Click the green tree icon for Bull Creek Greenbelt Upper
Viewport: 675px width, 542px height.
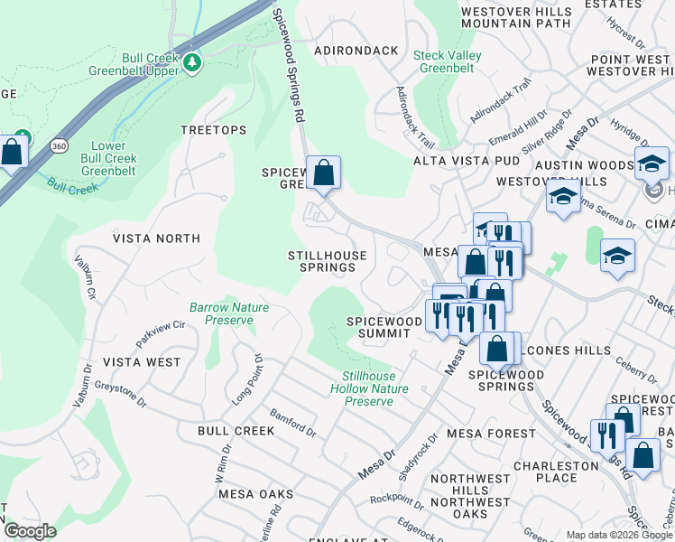tap(191, 63)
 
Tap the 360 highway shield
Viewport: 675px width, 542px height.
tap(58, 145)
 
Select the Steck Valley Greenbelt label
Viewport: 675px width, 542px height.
tap(447, 61)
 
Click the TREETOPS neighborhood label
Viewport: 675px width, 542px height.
tap(213, 130)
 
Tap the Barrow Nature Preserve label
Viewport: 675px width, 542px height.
tap(229, 313)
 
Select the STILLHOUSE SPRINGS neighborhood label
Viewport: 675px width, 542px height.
tap(327, 262)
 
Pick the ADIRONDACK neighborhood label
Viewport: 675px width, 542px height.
tap(356, 51)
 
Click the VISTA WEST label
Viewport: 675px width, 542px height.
tap(142, 362)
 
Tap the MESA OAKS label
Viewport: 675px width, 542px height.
tap(255, 494)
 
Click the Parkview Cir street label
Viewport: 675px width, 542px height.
tap(160, 332)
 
